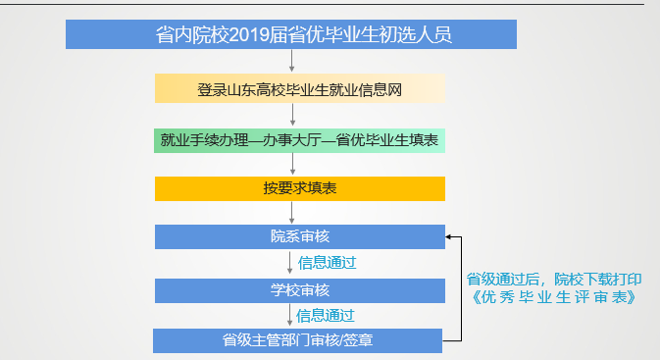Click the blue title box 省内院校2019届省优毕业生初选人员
pyautogui.click(x=291, y=34)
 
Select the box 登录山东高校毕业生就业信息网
pyautogui.click(x=299, y=90)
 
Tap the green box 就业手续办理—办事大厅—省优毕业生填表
pyautogui.click(x=299, y=139)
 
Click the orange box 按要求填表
pyautogui.click(x=299, y=187)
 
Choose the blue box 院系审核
pyautogui.click(x=299, y=236)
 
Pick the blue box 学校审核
pyautogui.click(x=299, y=290)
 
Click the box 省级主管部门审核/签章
pyautogui.click(x=299, y=340)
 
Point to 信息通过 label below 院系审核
pyautogui.click(x=326, y=263)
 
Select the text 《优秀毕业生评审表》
pyautogui.click(x=555, y=296)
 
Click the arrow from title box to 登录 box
pyautogui.click(x=292, y=61)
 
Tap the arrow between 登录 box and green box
pyautogui.click(x=292, y=115)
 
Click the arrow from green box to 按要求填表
pyautogui.click(x=292, y=164)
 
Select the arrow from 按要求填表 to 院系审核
pyautogui.click(x=292, y=212)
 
